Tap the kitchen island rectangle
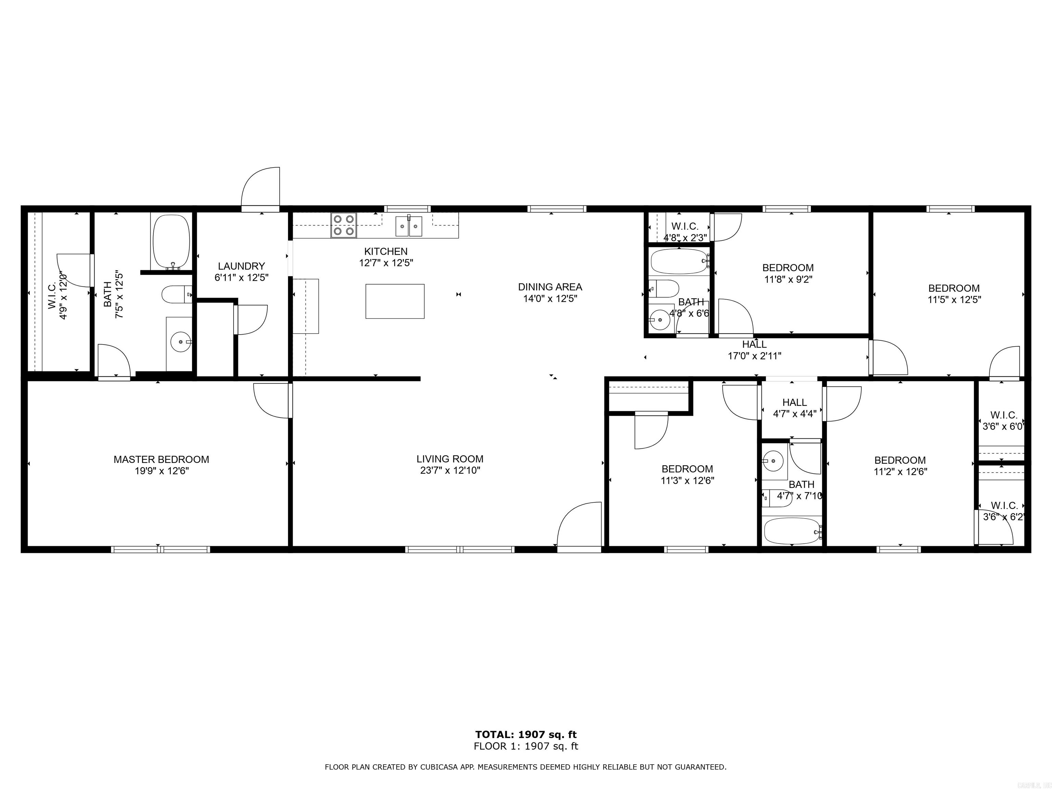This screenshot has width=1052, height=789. pyautogui.click(x=395, y=301)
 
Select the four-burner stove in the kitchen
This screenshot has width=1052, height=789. pyautogui.click(x=344, y=225)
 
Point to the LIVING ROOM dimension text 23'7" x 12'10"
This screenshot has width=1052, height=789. pyautogui.click(x=450, y=471)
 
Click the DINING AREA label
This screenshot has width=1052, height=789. pyautogui.click(x=550, y=287)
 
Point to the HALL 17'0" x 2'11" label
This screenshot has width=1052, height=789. pyautogui.click(x=754, y=350)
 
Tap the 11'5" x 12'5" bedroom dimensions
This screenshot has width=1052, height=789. pyautogui.click(x=954, y=300)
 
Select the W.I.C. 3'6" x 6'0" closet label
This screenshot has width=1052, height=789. pyautogui.click(x=1003, y=421)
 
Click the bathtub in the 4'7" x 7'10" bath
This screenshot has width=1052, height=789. pyautogui.click(x=791, y=531)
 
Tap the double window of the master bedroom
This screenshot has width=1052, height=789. pyautogui.click(x=160, y=549)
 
